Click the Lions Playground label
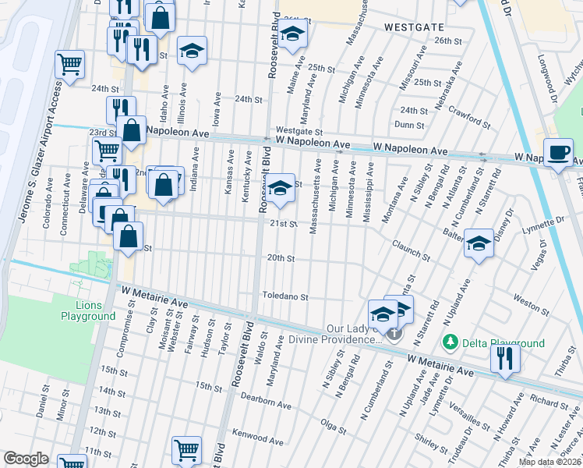click(x=88, y=310)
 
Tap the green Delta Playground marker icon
click(x=449, y=342)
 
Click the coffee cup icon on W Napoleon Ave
click(x=558, y=152)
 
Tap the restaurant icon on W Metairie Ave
click(x=505, y=359)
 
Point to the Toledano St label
click(x=284, y=297)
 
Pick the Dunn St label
click(x=409, y=124)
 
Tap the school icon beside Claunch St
click(x=478, y=243)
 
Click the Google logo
click(x=26, y=458)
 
